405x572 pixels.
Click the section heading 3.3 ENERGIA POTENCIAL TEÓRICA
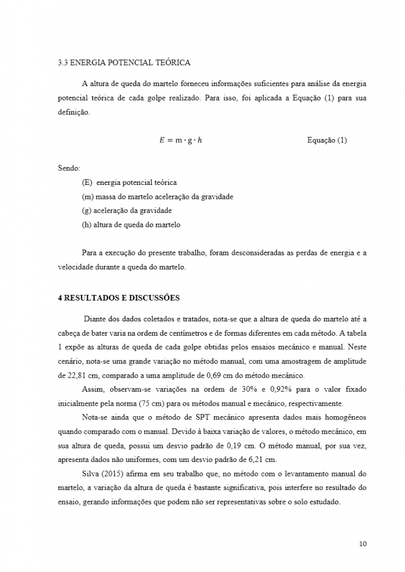click(x=124, y=63)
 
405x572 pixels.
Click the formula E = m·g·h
click(x=174, y=140)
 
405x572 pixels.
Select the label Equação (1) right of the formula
click(x=327, y=140)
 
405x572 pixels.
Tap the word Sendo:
click(x=69, y=168)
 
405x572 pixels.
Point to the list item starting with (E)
click(x=129, y=182)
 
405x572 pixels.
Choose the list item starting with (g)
click(x=126, y=211)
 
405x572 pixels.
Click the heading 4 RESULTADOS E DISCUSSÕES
click(x=119, y=298)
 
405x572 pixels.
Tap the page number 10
click(x=362, y=544)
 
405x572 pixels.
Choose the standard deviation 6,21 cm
click(x=260, y=460)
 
